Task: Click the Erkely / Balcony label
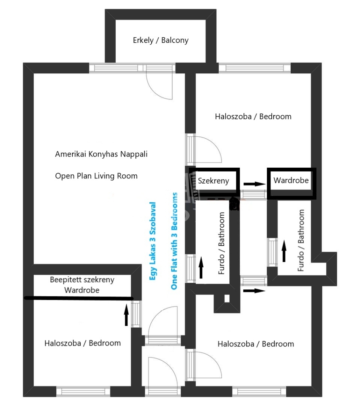[161, 40]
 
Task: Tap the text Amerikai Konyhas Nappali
[101, 154]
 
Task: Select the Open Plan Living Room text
[96, 176]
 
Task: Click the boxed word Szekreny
[213, 181]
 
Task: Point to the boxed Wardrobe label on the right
[291, 180]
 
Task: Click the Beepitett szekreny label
[82, 280]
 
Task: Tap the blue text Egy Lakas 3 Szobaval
[152, 241]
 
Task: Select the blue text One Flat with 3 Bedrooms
[174, 241]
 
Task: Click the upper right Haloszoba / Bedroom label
[253, 117]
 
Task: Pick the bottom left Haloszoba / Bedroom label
[82, 343]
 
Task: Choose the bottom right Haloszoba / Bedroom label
[256, 344]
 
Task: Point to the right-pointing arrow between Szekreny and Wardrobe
[255, 184]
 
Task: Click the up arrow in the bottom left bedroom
[126, 315]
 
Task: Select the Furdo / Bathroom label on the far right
[301, 240]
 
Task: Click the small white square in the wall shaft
[227, 299]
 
